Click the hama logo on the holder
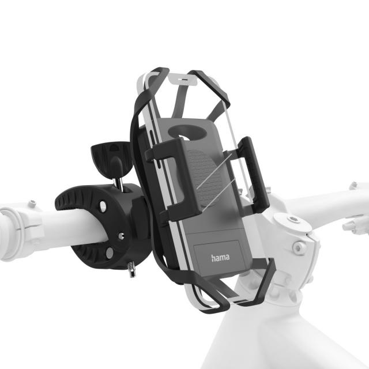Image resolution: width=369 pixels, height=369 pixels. pos(220,258)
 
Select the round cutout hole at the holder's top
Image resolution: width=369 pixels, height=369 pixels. pos(191,131)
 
